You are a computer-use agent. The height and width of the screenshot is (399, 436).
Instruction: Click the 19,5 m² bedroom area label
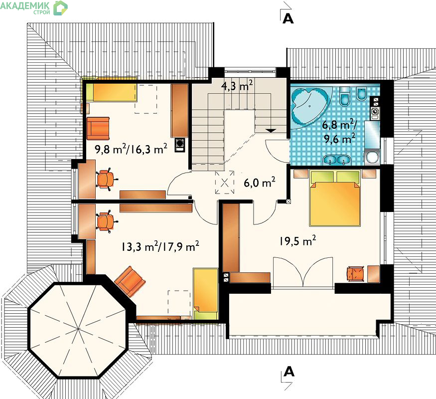click(x=298, y=241)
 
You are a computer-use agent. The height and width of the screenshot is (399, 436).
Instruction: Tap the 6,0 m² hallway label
click(x=260, y=183)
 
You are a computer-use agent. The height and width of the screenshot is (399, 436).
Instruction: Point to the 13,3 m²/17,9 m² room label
click(x=160, y=246)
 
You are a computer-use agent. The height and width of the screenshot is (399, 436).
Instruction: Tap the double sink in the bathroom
click(x=337, y=160)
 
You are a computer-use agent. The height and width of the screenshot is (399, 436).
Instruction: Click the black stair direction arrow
click(x=271, y=130)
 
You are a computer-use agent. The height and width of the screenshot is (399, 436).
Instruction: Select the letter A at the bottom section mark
click(x=289, y=372)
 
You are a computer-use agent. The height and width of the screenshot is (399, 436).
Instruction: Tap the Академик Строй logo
click(x=34, y=7)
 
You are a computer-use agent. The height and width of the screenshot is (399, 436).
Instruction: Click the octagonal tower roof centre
click(x=78, y=330)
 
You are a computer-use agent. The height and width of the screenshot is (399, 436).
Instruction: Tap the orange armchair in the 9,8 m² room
click(x=98, y=128)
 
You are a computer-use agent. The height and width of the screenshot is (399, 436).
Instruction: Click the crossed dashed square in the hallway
click(x=225, y=182)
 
